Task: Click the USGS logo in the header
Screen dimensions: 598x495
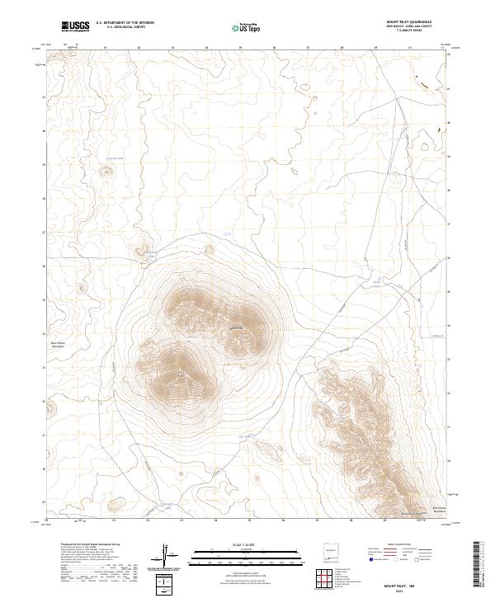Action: click(x=75, y=27)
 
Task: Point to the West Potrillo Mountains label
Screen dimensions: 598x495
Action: click(x=59, y=343)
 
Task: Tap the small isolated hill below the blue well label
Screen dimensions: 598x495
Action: click(x=106, y=172)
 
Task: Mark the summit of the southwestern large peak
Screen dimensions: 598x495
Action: click(x=181, y=375)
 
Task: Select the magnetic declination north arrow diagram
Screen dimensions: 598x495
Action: click(x=167, y=557)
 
